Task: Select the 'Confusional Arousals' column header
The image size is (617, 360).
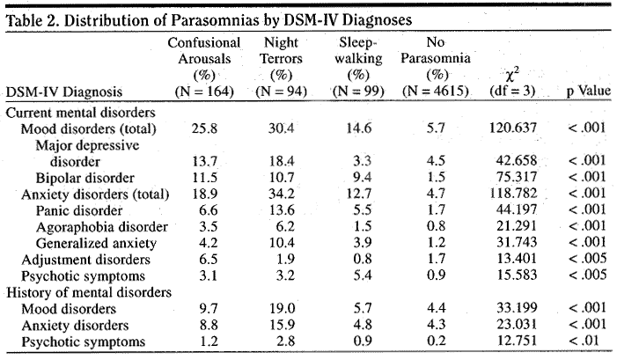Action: (204, 50)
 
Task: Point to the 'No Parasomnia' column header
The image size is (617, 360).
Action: (434, 50)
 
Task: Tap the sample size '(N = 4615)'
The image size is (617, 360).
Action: (435, 92)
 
